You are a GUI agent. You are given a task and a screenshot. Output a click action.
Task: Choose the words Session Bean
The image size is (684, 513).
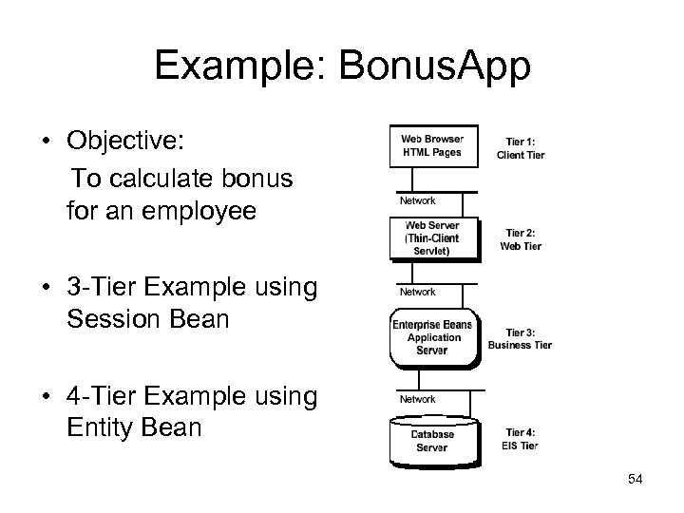click(x=148, y=318)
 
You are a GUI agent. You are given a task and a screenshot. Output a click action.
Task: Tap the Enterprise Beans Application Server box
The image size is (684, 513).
click(x=432, y=337)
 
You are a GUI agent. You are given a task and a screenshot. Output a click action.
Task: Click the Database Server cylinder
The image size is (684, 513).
click(x=432, y=441)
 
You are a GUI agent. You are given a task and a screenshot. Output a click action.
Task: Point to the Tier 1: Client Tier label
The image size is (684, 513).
click(x=521, y=148)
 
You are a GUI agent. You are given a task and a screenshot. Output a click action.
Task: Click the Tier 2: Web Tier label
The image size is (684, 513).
click(x=521, y=239)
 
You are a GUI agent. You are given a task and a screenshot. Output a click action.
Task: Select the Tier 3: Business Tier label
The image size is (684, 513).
click(x=520, y=339)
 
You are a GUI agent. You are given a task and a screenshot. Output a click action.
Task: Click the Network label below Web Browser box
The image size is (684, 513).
click(x=417, y=200)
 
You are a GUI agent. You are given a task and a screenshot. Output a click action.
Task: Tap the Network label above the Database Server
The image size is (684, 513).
click(x=417, y=399)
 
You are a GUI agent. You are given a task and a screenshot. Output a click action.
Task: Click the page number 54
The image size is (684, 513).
click(x=635, y=479)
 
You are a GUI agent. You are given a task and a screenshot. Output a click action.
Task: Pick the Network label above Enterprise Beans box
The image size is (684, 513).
click(x=417, y=292)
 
